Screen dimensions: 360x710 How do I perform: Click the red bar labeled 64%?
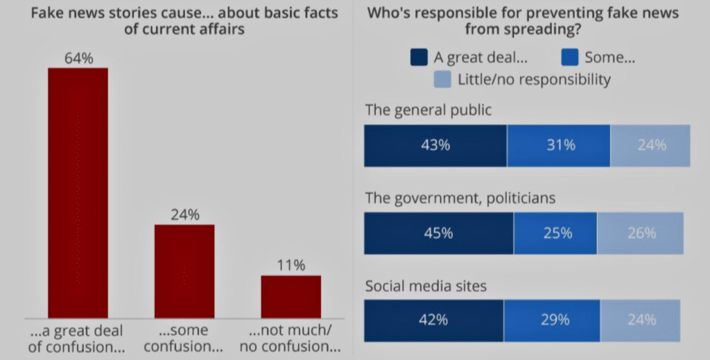78,192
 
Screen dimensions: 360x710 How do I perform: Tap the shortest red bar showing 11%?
291,296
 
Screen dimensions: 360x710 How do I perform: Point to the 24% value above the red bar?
184,215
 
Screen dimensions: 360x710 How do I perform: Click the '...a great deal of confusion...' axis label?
78,338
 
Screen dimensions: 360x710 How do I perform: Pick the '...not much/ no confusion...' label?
291,338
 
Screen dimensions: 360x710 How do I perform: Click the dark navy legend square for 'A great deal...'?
419,58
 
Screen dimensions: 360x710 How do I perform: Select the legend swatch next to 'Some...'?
568,58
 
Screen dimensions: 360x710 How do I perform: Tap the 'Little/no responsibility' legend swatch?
442,79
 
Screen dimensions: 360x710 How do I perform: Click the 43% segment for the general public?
435,146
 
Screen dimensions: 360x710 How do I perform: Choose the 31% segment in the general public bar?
559,146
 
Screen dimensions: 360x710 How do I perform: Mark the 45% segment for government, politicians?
438,233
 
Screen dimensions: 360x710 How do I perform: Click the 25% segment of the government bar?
555,233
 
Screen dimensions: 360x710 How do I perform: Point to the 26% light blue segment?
641,233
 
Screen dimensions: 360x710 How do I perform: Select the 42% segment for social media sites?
434,320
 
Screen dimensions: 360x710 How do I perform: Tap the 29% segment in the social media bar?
552,320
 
